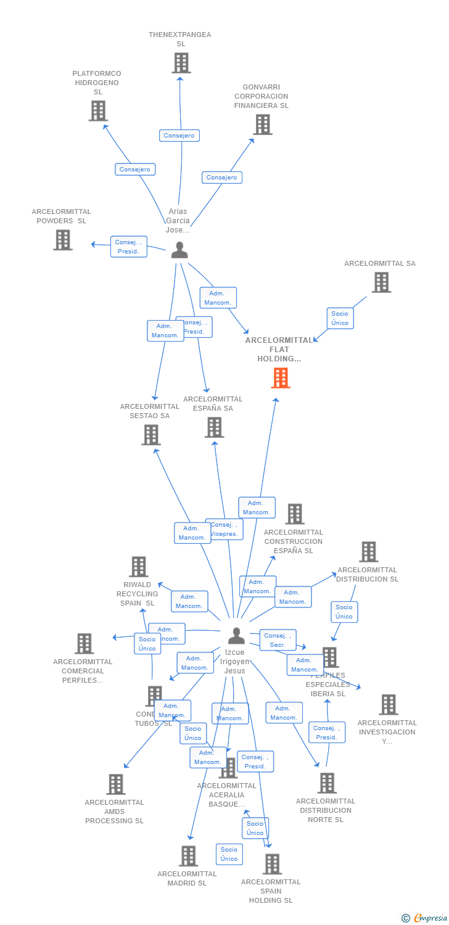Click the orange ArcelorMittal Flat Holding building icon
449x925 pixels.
click(281, 378)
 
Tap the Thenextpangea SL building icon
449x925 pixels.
click(181, 63)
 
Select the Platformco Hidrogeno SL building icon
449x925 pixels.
click(98, 111)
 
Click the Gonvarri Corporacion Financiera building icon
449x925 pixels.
click(263, 125)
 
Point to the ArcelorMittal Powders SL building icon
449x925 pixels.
click(63, 240)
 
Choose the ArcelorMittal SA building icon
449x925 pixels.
click(381, 282)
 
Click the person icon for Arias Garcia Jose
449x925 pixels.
click(179, 250)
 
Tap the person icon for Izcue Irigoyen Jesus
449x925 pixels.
click(236, 635)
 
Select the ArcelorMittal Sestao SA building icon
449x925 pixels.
click(150, 435)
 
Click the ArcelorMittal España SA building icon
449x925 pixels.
click(214, 427)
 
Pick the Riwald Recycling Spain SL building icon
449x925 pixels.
click(139, 567)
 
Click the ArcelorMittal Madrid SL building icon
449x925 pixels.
click(188, 856)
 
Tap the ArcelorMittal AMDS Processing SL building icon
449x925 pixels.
click(115, 784)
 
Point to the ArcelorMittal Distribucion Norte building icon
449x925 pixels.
click(327, 783)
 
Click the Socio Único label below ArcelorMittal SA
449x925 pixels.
click(340, 318)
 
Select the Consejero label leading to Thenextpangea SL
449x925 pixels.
click(179, 136)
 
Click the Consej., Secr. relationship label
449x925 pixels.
click(278, 640)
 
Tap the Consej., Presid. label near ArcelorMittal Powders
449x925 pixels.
click(129, 247)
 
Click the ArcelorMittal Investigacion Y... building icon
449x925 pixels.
click(388, 705)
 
